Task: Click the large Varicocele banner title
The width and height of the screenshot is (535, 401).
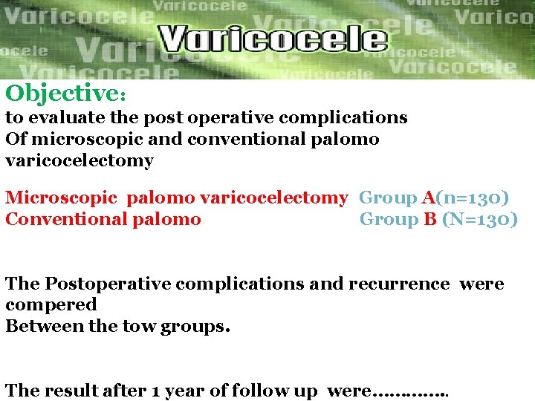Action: (x=273, y=39)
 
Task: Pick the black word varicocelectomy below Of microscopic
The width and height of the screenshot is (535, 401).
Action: (x=80, y=160)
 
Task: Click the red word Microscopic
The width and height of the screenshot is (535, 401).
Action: (x=62, y=198)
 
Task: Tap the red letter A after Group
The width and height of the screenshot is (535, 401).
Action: (x=428, y=198)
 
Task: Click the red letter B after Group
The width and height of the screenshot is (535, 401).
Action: (x=430, y=219)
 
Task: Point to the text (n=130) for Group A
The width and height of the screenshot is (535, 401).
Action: (x=473, y=198)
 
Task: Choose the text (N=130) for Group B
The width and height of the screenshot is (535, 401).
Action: (x=480, y=219)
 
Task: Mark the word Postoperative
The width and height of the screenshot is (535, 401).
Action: (x=100, y=284)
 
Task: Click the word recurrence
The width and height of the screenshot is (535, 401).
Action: (x=398, y=284)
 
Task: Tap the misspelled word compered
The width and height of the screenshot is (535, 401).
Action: (x=51, y=304)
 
